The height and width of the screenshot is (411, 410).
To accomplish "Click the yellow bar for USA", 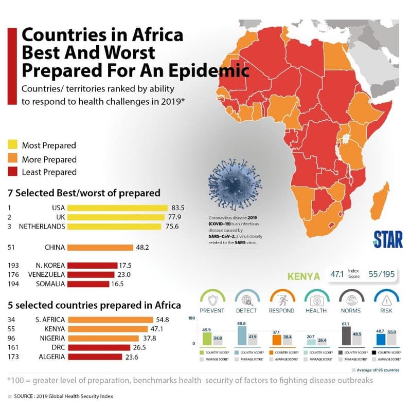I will pos(117,208).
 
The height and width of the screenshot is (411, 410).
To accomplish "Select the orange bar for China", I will pos(100,247).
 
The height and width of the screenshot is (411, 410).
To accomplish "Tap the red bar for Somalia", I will pos(88,284).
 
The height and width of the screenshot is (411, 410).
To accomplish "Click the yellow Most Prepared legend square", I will pos(13,145).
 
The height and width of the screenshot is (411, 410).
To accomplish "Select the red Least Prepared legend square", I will pos(13,172).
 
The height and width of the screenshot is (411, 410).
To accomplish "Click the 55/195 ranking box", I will pos(382,274).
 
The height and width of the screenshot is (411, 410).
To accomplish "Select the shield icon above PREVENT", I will pos(212,297).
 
